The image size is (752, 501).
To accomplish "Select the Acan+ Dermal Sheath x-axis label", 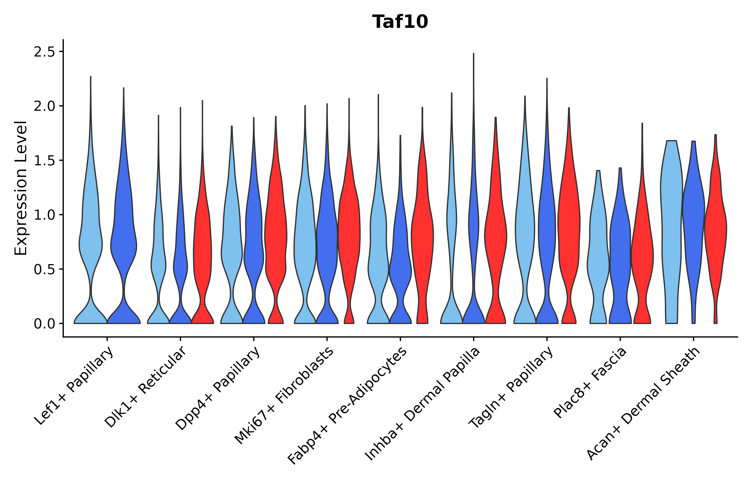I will coord(644,404).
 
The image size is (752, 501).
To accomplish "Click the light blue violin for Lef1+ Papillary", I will coord(91,243).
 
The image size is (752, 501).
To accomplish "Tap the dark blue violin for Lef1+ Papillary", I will coord(123,243).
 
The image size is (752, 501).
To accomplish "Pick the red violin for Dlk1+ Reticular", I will coord(202,249).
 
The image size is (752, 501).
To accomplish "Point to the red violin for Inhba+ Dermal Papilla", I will coord(495,236).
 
